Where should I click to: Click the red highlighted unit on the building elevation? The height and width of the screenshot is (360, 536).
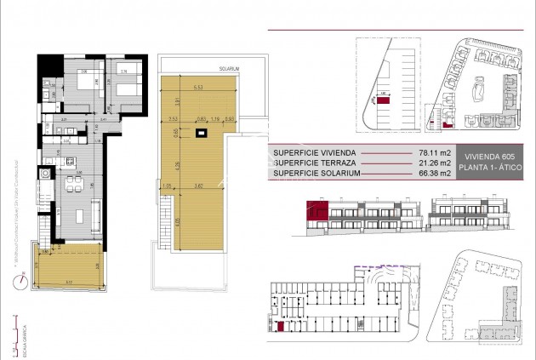click(321, 210)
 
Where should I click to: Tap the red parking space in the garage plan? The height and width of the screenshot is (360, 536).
click(281, 326)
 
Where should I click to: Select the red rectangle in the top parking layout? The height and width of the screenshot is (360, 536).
click(384, 100)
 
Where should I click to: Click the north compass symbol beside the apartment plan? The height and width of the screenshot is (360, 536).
click(27, 275)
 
